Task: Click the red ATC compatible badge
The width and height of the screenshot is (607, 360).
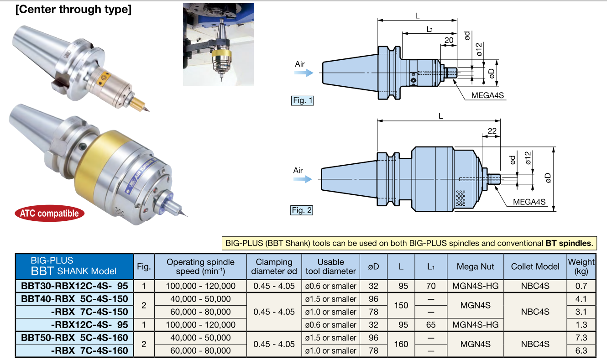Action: pyautogui.click(x=49, y=213)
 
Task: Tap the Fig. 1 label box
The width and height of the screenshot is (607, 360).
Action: pyautogui.click(x=302, y=100)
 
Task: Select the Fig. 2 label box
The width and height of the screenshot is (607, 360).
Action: pyautogui.click(x=302, y=210)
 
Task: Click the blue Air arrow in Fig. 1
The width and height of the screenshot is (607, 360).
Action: pyautogui.click(x=304, y=73)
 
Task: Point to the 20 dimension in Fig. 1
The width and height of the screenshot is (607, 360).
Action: pyautogui.click(x=449, y=40)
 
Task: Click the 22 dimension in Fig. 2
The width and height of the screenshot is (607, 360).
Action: pyautogui.click(x=492, y=131)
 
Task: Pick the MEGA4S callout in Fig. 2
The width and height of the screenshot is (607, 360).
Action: pyautogui.click(x=529, y=202)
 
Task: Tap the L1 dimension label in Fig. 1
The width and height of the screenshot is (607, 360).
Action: pyautogui.click(x=429, y=29)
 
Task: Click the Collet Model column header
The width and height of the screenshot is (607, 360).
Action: pyautogui.click(x=535, y=266)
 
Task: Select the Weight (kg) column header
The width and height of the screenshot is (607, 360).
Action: pyautogui.click(x=581, y=266)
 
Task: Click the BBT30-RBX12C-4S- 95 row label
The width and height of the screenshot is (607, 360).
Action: pyautogui.click(x=75, y=286)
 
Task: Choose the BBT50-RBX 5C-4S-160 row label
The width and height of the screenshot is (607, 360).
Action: pyautogui.click(x=75, y=338)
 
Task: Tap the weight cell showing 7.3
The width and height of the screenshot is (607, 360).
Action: pyautogui.click(x=581, y=338)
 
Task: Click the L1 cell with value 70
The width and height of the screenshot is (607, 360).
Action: pyautogui.click(x=430, y=286)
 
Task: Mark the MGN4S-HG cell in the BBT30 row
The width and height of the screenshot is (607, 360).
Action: pyautogui.click(x=476, y=286)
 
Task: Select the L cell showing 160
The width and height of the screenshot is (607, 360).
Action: pyautogui.click(x=401, y=344)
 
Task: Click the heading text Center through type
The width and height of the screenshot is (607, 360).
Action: pyautogui.click(x=73, y=10)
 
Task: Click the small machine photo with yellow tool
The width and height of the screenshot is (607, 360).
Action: pyautogui.click(x=218, y=45)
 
